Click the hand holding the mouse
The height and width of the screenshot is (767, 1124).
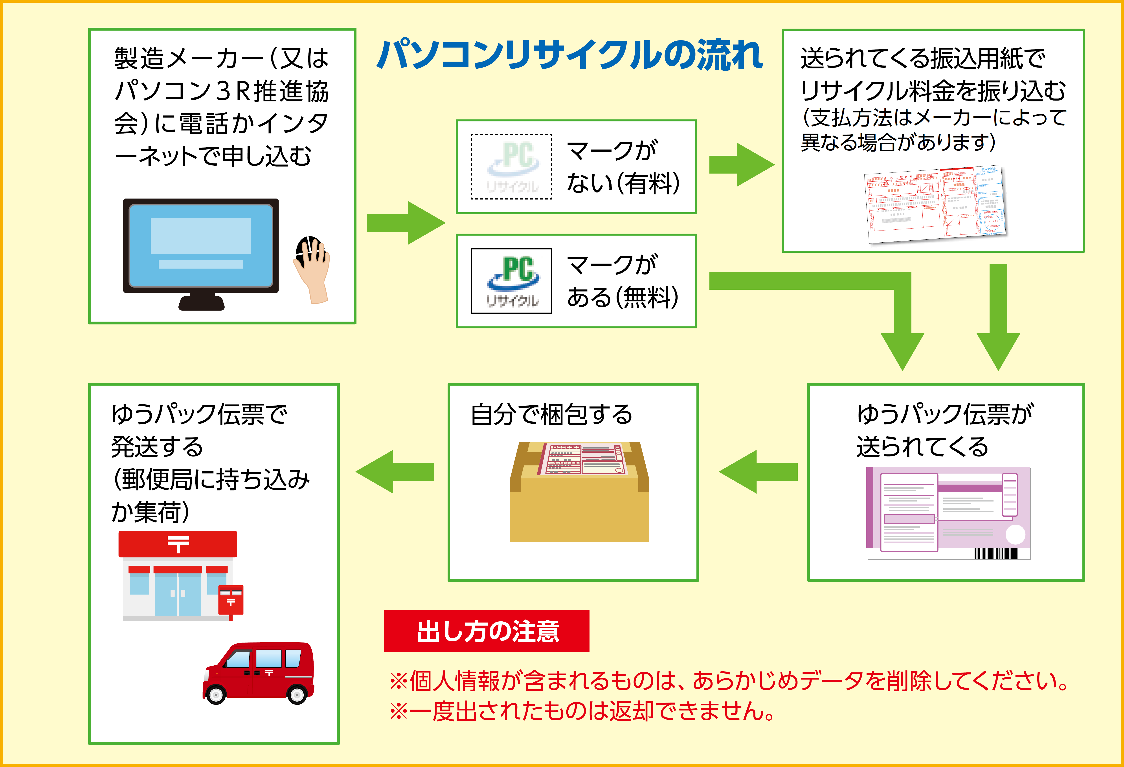(x=312, y=268)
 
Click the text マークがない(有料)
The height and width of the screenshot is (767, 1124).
(x=623, y=167)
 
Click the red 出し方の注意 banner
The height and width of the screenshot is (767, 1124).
(x=487, y=631)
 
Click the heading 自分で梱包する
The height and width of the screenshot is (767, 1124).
(x=551, y=415)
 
